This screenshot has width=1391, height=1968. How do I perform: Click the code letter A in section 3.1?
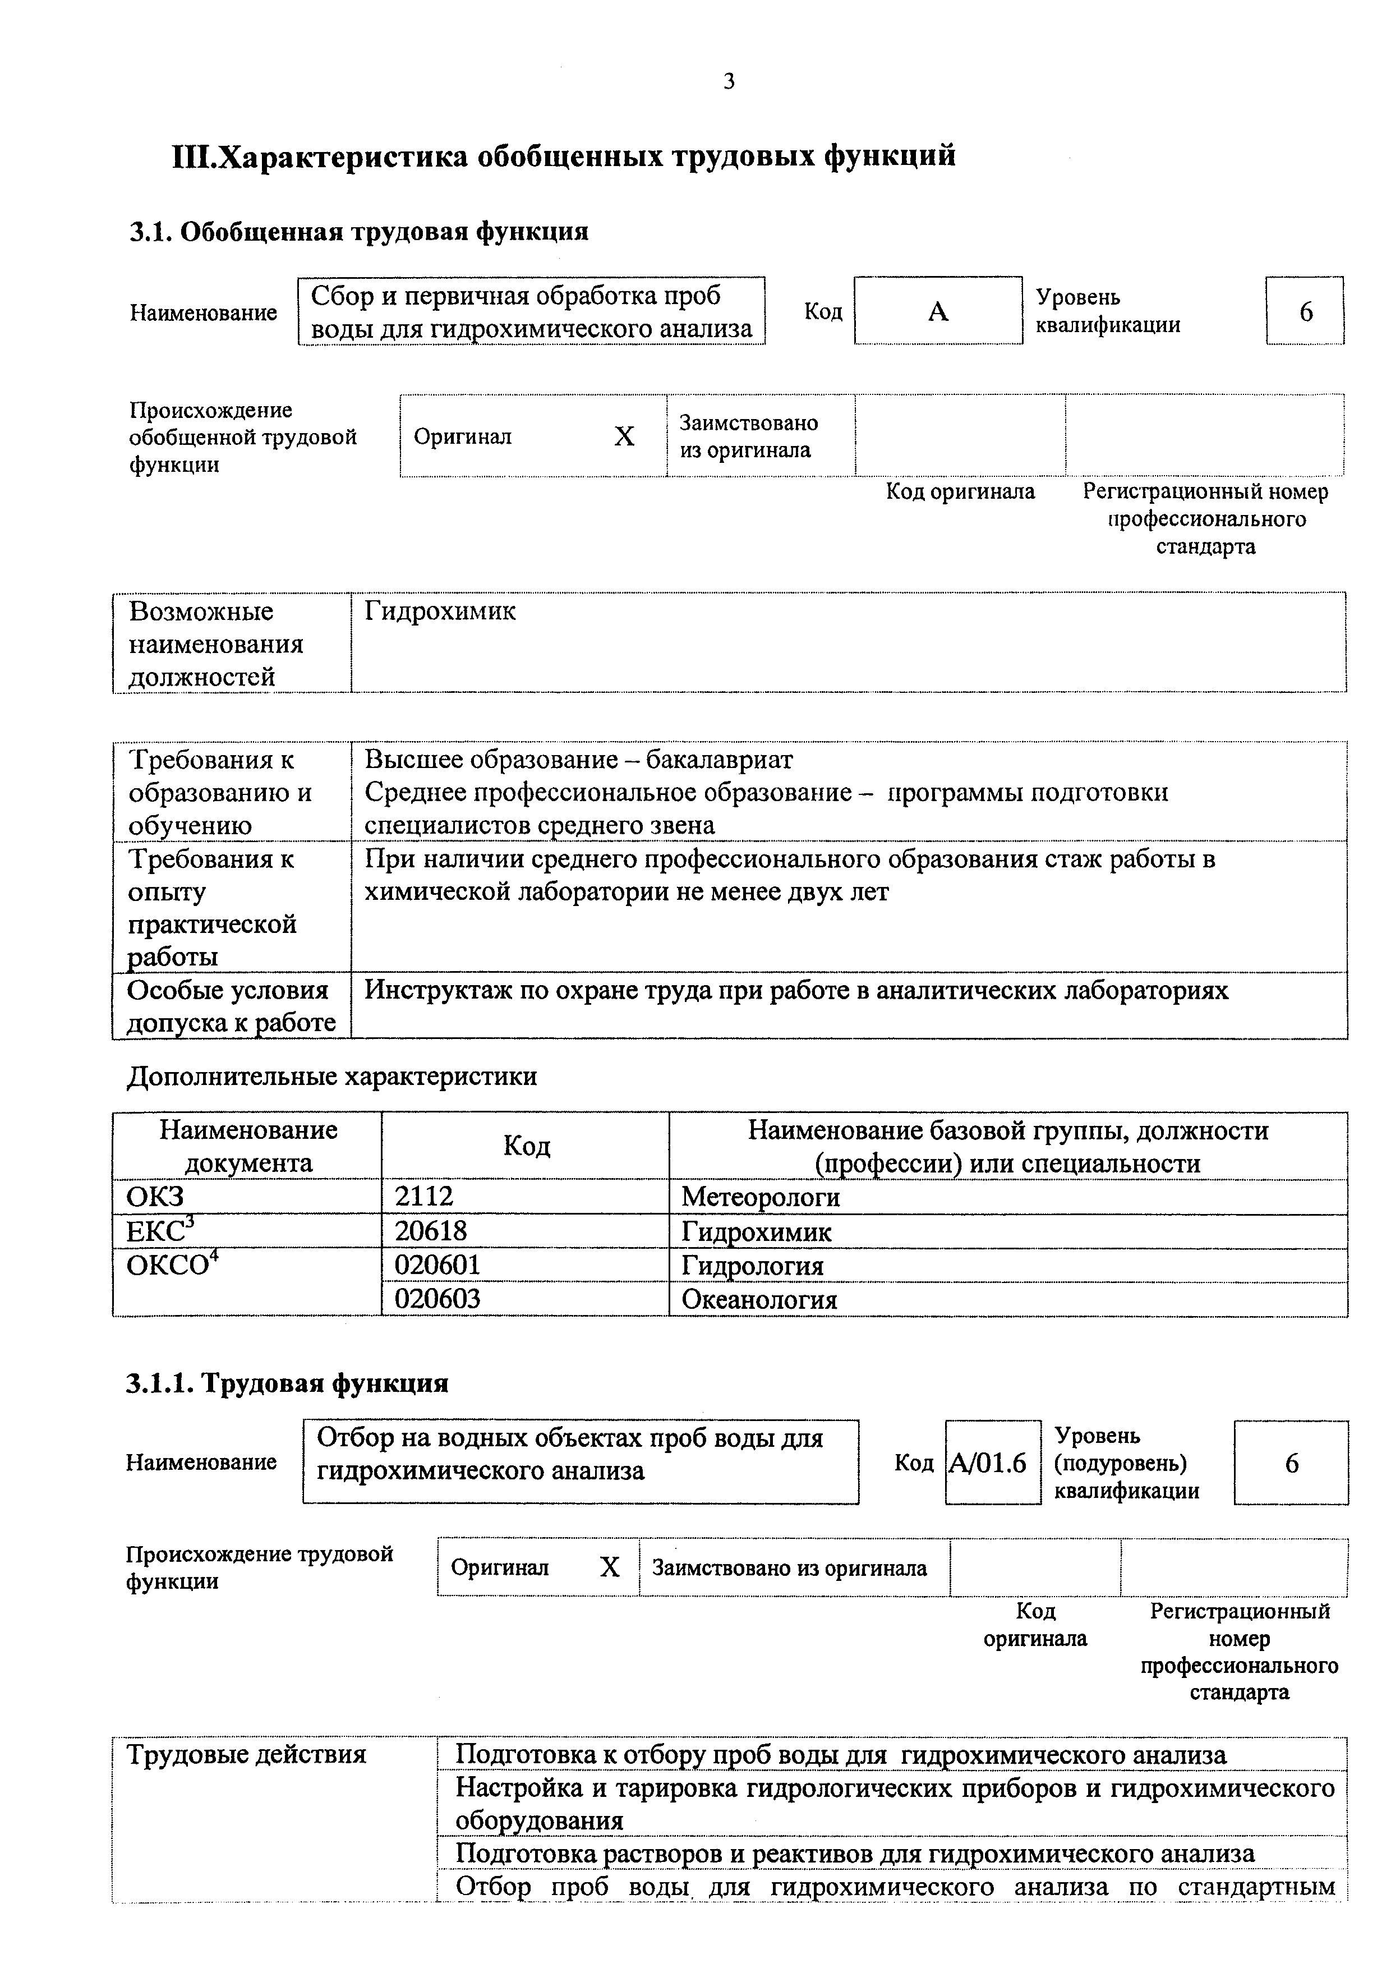point(938,312)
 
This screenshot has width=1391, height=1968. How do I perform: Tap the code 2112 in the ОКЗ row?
point(423,1197)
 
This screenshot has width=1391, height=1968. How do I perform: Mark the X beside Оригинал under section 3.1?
point(624,437)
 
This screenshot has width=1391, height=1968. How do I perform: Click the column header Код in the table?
point(526,1146)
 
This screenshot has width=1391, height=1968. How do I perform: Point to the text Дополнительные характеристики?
point(331,1077)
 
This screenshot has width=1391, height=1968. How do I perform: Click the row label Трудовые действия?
point(246,1755)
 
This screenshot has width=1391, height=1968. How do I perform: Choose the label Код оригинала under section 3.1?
point(960,492)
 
